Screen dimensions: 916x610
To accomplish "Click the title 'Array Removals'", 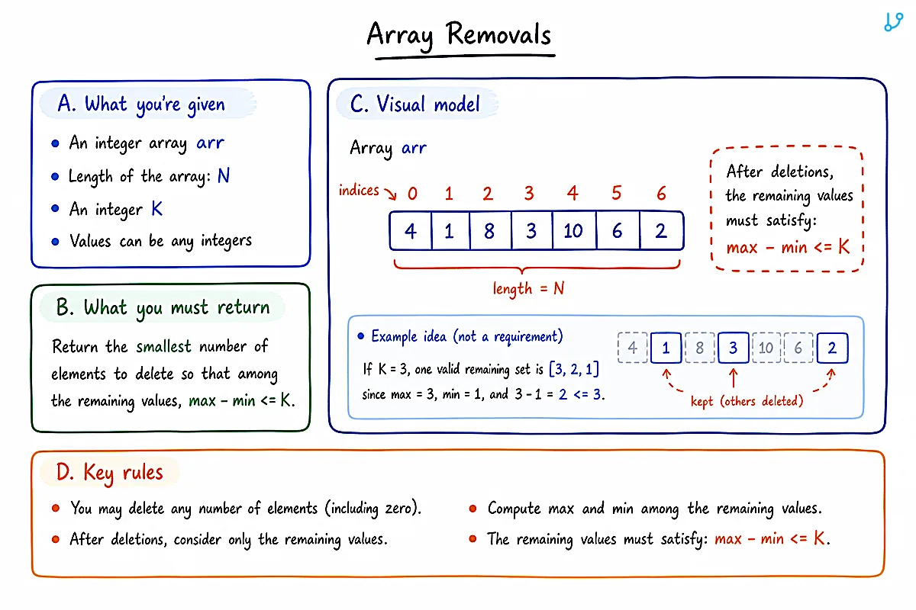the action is tap(460, 34).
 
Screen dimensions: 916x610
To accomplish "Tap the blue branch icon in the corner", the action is tap(894, 22).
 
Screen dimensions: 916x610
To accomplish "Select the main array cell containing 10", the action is tap(574, 231).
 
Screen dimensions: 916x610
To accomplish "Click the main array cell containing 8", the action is tap(490, 231).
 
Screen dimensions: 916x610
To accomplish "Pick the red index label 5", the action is tap(616, 193).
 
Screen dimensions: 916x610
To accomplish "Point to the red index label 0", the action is tap(412, 193).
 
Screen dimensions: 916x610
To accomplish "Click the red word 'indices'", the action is tap(359, 190).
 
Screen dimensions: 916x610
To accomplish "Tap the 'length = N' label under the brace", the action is tap(528, 288).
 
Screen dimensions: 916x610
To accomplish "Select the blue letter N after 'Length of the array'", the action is tap(223, 175).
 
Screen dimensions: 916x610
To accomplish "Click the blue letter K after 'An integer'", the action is tap(157, 209).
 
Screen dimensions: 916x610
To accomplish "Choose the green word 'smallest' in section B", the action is tap(163, 346).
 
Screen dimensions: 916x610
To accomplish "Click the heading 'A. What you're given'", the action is tap(141, 104).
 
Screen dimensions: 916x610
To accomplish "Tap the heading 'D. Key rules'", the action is tap(109, 473).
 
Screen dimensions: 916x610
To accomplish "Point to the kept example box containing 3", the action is tap(734, 348).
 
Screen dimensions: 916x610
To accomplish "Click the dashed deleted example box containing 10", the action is tap(766, 348).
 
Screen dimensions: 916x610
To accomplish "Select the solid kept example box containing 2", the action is tap(832, 348).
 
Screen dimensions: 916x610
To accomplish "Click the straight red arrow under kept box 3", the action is tap(734, 378).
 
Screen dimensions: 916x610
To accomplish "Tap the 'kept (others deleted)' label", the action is tap(747, 401).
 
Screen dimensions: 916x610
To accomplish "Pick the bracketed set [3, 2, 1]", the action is tap(574, 369).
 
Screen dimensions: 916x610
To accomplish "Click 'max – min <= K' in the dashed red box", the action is tap(788, 247).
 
